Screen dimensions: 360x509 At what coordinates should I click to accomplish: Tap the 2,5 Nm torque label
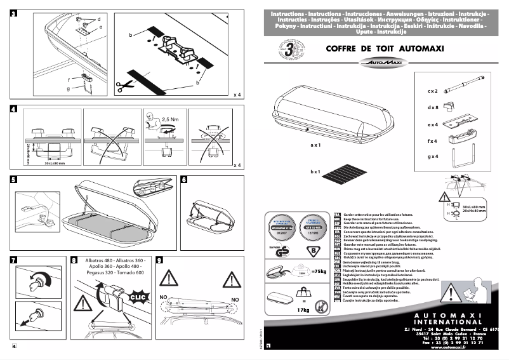coord(170,119)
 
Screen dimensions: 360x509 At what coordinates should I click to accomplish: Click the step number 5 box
coord(14,180)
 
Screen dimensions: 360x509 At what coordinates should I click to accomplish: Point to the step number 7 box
coord(14,260)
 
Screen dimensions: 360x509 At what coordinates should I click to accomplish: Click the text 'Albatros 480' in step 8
coord(103,262)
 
